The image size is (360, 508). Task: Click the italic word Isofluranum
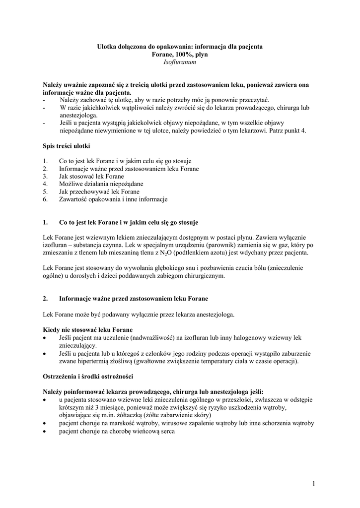[x=180, y=63]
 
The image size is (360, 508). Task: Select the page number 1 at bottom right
[x=315, y=484]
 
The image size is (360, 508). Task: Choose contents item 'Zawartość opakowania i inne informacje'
[x=113, y=199]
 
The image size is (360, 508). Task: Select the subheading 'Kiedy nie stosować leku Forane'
[x=87, y=330]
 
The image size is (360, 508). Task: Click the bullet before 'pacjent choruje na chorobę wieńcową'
[x=45, y=431]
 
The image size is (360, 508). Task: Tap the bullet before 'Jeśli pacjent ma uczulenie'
[x=45, y=338]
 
